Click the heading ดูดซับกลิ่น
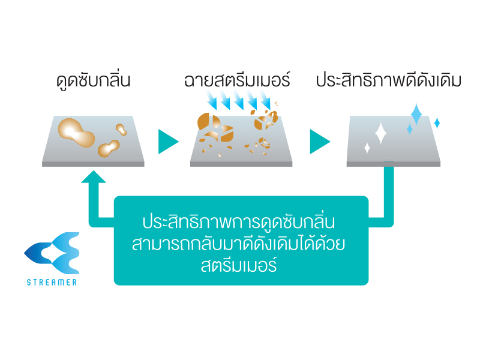coord(94,81)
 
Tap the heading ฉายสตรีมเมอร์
coord(237,80)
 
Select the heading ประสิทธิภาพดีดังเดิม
coord(388,80)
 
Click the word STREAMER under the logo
coord(52,282)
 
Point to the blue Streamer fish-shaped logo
coord(52,253)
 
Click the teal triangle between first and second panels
coord(168,142)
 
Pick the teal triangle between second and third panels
coord(320,142)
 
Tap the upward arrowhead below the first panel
coord(94,177)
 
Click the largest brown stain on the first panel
coord(76,133)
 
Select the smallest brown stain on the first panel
coord(121,129)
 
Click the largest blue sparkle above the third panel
coord(416,115)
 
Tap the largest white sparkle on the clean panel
coord(381,133)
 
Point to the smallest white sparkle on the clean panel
coord(367,148)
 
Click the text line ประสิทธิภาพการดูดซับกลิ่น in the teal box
coord(239,221)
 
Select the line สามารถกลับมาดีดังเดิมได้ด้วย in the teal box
coord(239,244)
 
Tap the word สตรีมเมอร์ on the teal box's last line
coord(239,265)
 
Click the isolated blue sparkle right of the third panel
coord(437,123)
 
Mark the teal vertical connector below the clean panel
coord(389,190)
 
